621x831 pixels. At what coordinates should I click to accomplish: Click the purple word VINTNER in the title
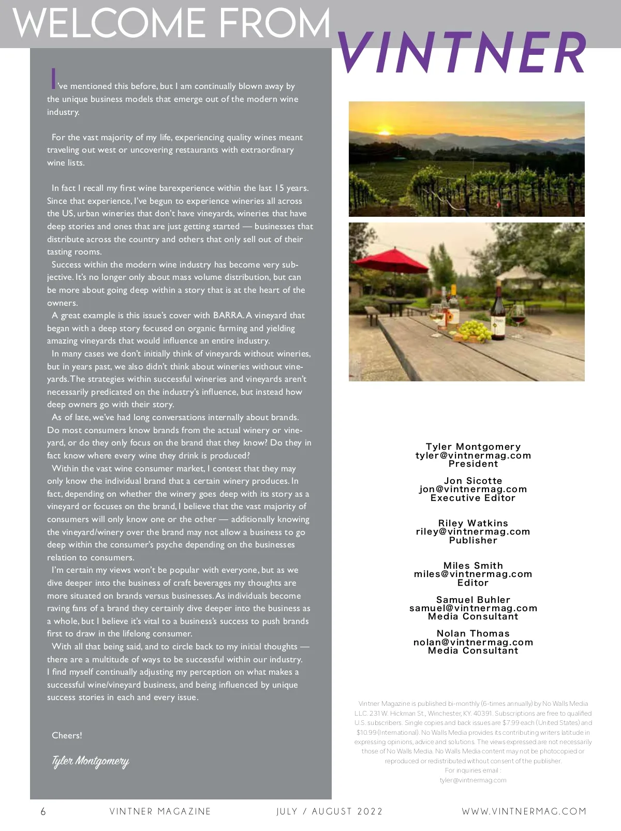[x=462, y=53]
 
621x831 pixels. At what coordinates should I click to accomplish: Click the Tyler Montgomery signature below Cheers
[x=90, y=761]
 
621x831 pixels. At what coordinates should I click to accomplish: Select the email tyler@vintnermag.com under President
[x=473, y=455]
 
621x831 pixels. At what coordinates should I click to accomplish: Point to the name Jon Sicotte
[x=473, y=481]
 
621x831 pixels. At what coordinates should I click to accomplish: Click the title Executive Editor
[x=473, y=498]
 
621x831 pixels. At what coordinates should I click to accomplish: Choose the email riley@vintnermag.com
[x=473, y=531]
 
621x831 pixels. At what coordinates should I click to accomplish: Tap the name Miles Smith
[x=473, y=566]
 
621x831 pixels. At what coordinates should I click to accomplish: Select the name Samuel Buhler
[x=473, y=600]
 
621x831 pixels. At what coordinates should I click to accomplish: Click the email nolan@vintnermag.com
[x=473, y=642]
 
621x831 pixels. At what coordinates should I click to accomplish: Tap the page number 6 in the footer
[x=43, y=811]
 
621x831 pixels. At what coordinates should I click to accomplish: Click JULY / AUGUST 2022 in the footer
[x=330, y=811]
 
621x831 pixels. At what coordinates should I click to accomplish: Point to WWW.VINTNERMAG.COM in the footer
[x=524, y=811]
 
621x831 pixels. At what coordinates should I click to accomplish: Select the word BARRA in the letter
[x=228, y=315]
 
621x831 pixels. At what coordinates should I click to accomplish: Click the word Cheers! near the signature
[x=67, y=735]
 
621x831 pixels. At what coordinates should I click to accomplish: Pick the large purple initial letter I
[x=53, y=79]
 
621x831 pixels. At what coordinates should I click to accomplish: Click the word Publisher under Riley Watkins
[x=473, y=540]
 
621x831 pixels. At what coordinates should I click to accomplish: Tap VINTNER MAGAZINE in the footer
[x=160, y=811]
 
